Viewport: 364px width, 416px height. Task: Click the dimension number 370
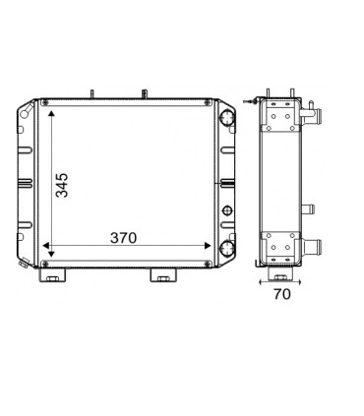[123, 238]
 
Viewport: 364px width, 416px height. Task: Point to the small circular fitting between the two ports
[227, 209]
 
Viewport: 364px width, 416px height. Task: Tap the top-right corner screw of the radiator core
[207, 102]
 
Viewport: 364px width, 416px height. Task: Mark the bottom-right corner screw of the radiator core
[207, 264]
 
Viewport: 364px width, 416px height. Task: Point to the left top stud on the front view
[91, 94]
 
